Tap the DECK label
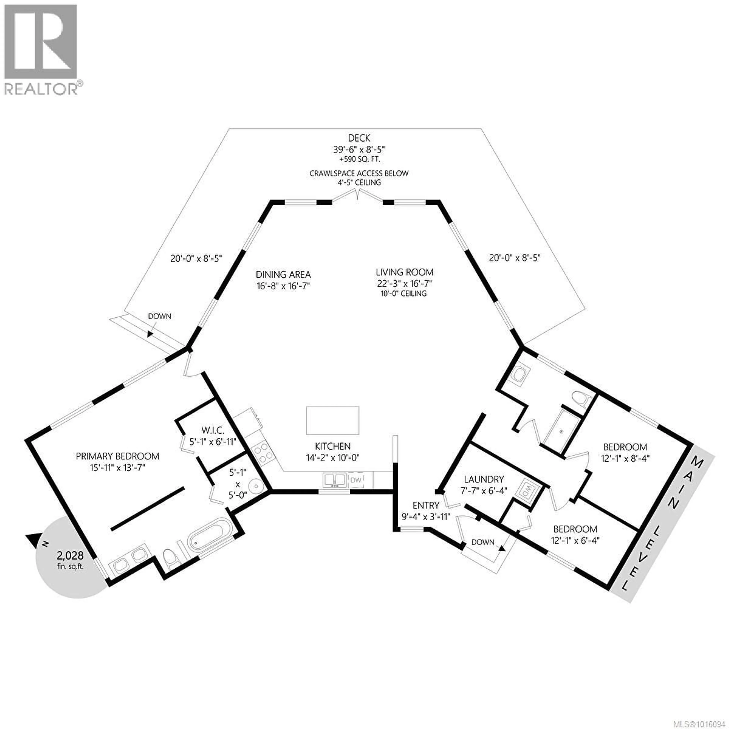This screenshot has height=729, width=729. click(359, 138)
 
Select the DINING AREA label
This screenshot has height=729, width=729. click(283, 275)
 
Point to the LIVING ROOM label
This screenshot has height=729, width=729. click(404, 272)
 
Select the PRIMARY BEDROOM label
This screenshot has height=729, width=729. click(117, 456)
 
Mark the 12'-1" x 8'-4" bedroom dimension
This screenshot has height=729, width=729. click(625, 459)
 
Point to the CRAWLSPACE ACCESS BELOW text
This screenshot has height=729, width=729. click(359, 174)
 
